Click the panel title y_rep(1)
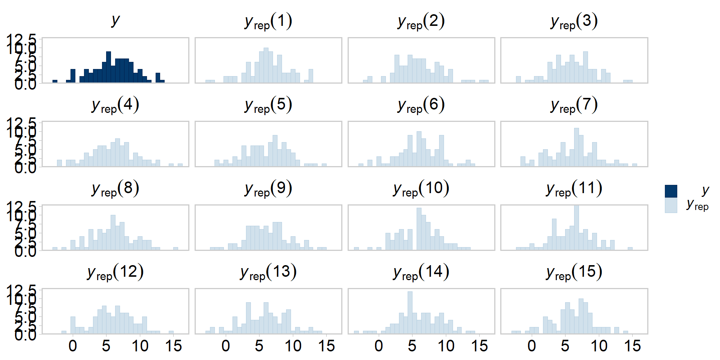268,21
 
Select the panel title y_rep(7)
574,105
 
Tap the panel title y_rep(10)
421,189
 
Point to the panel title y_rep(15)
574,272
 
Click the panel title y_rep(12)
115,272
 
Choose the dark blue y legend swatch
671,191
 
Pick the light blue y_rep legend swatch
671,206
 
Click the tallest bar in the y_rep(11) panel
576,227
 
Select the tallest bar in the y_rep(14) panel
410,312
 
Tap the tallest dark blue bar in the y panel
109,67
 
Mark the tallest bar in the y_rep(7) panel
576,147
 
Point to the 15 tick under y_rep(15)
632,346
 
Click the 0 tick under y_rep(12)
73,346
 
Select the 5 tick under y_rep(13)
259,346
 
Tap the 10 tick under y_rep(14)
446,346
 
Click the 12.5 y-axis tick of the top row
21,39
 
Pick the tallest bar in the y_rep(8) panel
113,232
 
